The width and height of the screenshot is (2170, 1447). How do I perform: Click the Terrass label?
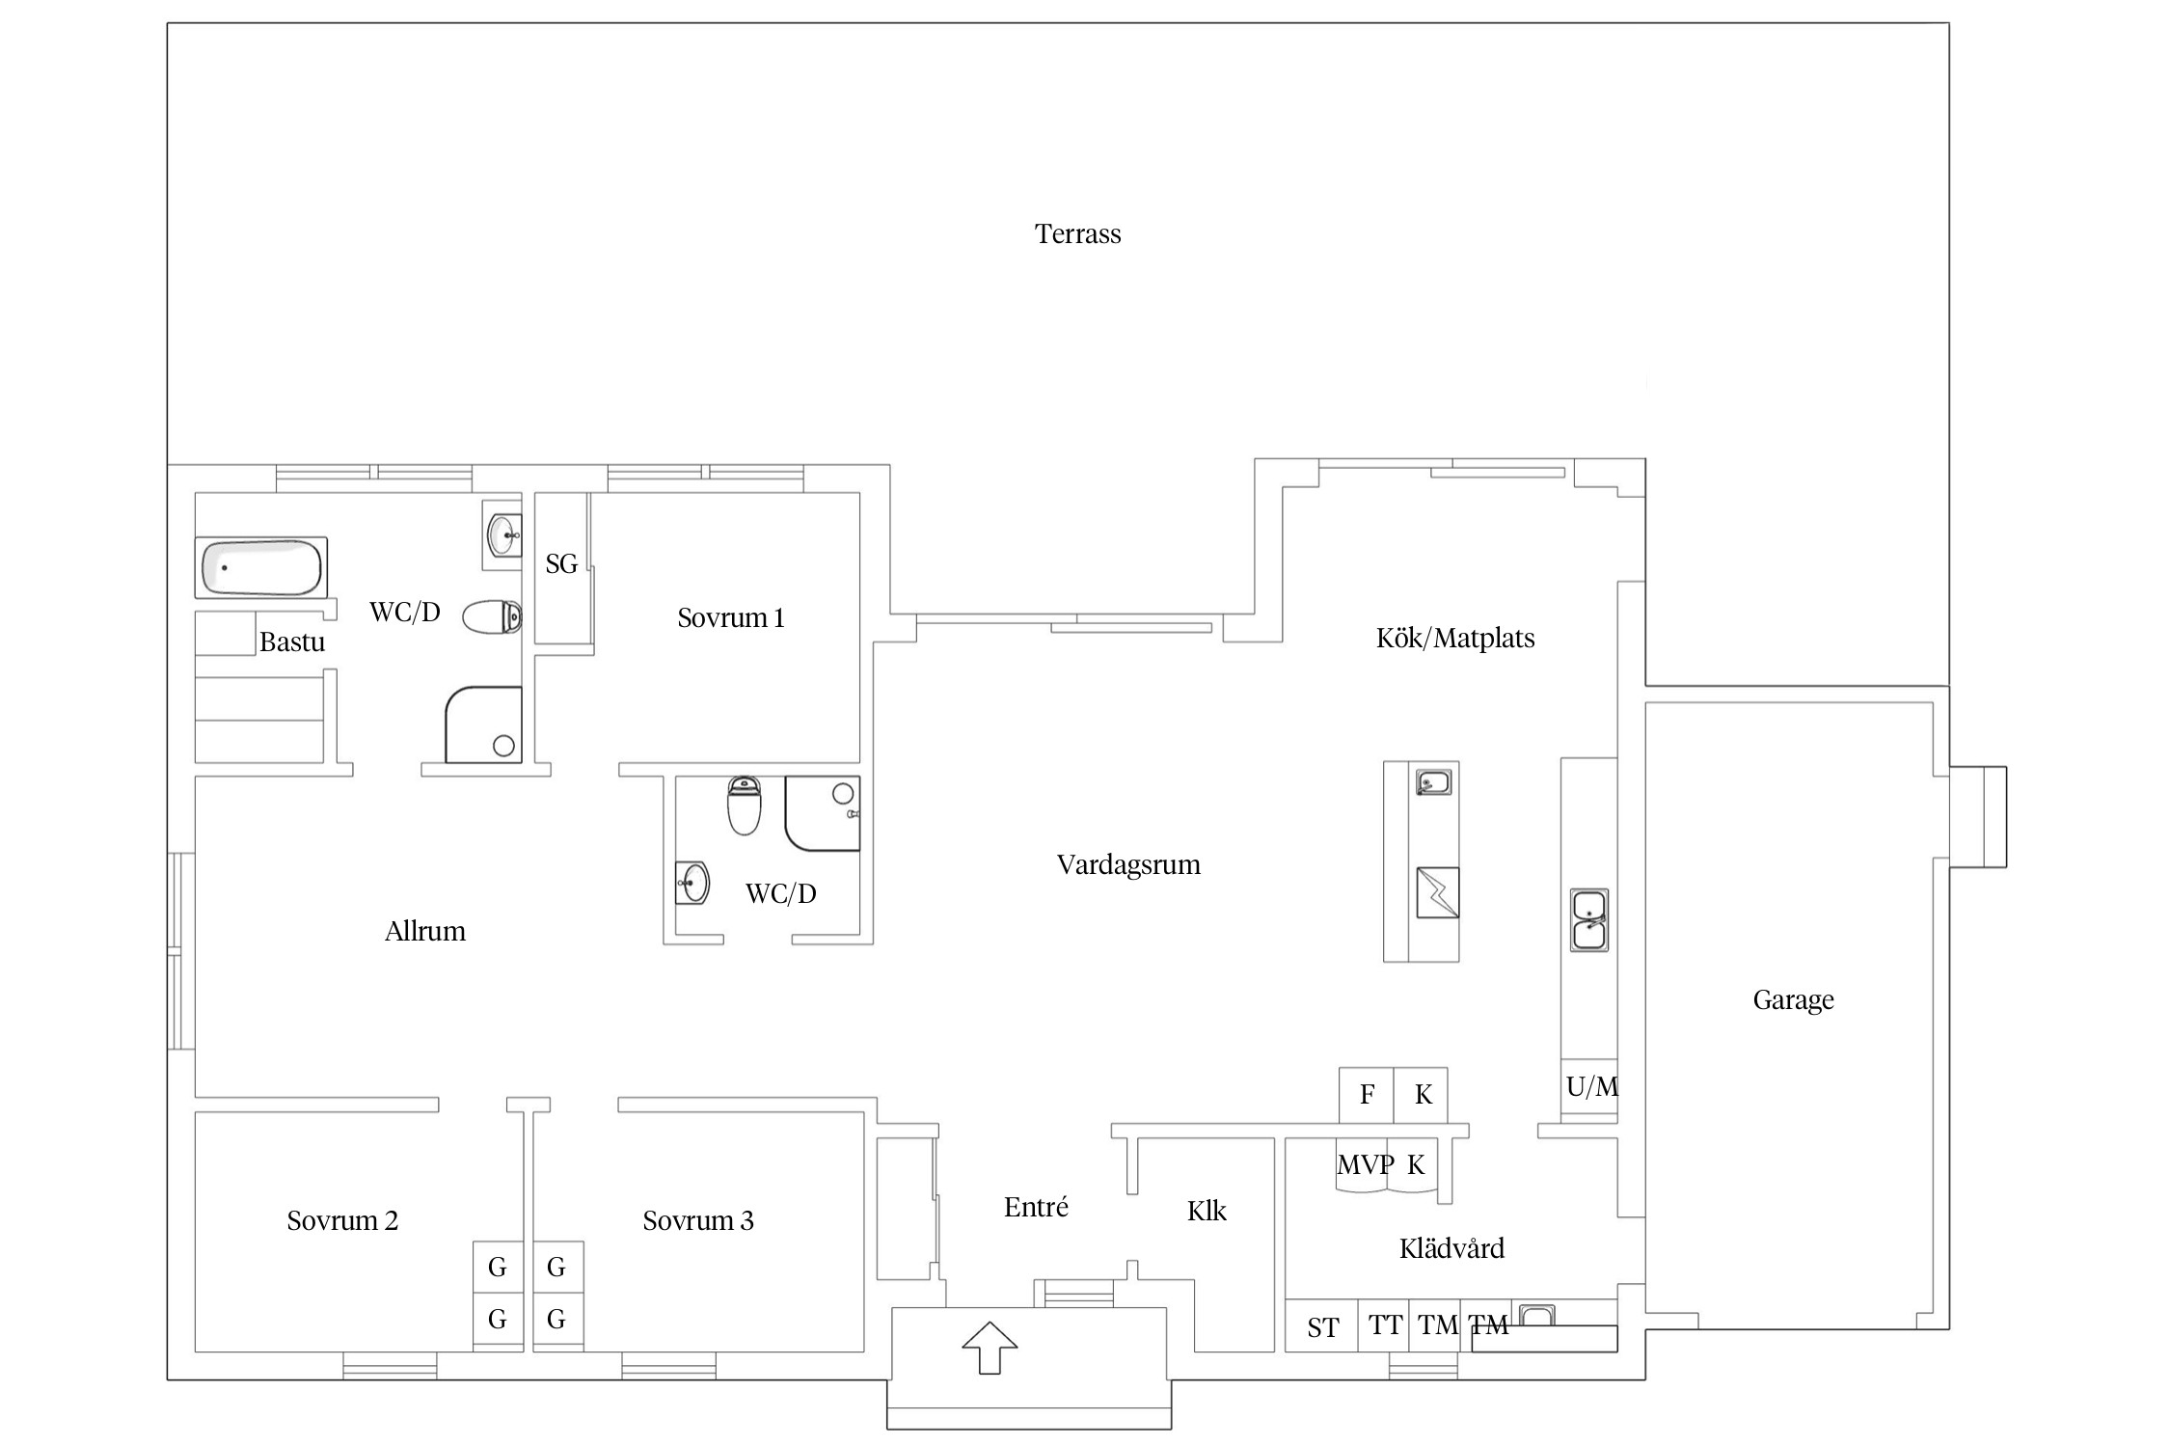(1077, 234)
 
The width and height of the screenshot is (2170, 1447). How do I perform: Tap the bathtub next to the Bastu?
(261, 567)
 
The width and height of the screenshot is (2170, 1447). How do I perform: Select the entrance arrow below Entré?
(990, 1347)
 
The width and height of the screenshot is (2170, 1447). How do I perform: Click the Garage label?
(1793, 1000)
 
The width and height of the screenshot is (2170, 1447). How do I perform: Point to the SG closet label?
(561, 564)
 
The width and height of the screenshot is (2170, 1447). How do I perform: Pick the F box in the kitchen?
(1366, 1095)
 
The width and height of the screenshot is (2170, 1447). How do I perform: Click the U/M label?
(1592, 1087)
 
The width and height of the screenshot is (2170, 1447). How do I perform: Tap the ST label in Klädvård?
(1322, 1328)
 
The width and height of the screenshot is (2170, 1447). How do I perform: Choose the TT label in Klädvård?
(1385, 1325)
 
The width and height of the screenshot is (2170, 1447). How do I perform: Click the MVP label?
(1365, 1165)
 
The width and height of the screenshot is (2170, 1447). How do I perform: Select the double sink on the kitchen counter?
(1589, 920)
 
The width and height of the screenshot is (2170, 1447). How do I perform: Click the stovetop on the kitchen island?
(1437, 892)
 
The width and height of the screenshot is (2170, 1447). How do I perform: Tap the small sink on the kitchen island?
(1434, 781)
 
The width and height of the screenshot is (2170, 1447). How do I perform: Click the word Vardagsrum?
(1128, 865)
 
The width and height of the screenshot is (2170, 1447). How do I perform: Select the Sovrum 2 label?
(342, 1221)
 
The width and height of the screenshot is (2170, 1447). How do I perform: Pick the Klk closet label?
(1207, 1212)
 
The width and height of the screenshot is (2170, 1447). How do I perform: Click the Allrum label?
(425, 932)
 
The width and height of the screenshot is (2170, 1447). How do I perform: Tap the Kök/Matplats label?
(1455, 639)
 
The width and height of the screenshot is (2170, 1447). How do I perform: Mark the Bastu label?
(292, 642)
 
